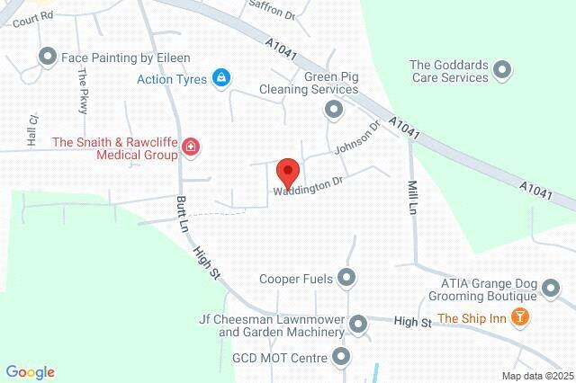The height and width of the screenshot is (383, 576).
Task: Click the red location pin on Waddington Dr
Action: (x=287, y=171)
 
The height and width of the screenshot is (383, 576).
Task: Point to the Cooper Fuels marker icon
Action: (x=346, y=278)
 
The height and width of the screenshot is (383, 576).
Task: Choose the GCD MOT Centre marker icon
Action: (x=340, y=358)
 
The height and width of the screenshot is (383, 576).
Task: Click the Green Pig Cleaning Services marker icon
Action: (x=334, y=110)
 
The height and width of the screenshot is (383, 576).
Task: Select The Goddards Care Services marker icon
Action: (x=503, y=70)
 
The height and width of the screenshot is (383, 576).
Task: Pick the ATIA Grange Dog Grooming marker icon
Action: (x=551, y=289)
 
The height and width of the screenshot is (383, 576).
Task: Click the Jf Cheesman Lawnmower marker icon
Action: (x=358, y=323)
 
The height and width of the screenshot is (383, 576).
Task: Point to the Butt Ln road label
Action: (x=181, y=216)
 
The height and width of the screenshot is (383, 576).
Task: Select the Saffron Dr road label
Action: (x=277, y=13)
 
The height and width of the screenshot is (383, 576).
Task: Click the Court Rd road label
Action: (x=34, y=15)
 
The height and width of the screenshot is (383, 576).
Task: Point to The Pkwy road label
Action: (x=84, y=91)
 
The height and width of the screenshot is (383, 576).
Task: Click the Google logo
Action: (x=30, y=372)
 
